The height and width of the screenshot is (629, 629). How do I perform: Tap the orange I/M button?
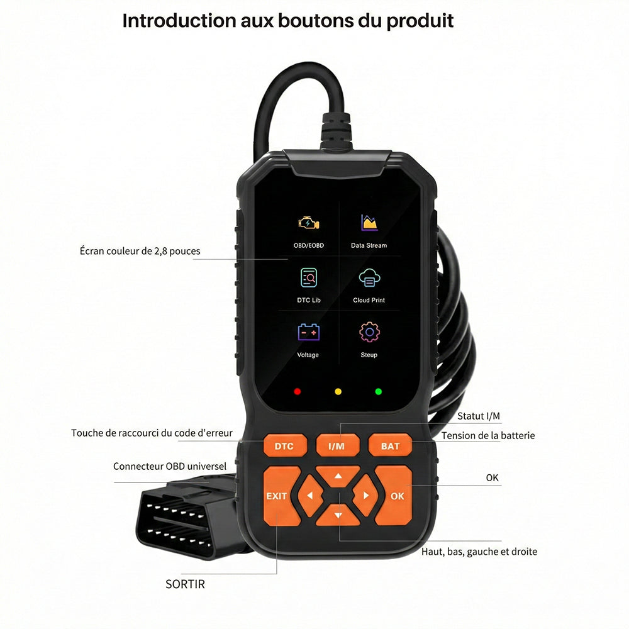(x=337, y=445)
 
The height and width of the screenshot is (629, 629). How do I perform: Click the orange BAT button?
(x=390, y=445)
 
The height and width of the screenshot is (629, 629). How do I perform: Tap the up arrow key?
(x=338, y=476)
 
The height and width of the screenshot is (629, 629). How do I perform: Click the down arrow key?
(x=338, y=515)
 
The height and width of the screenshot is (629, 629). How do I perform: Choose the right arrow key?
(x=365, y=496)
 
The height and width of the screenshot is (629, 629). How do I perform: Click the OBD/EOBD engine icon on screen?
(x=308, y=223)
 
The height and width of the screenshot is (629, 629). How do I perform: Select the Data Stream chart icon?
(x=369, y=223)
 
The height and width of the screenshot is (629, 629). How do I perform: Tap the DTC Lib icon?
(x=308, y=277)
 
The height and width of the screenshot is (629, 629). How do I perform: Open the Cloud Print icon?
(x=369, y=277)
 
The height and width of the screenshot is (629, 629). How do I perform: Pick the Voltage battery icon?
(x=308, y=331)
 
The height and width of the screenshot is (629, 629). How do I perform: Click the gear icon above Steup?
(x=369, y=331)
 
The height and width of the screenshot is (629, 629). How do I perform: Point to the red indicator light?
(x=298, y=391)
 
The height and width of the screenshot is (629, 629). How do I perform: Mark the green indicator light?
(x=378, y=391)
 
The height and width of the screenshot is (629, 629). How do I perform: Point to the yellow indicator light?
(x=338, y=391)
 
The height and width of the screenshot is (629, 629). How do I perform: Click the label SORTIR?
(x=186, y=584)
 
